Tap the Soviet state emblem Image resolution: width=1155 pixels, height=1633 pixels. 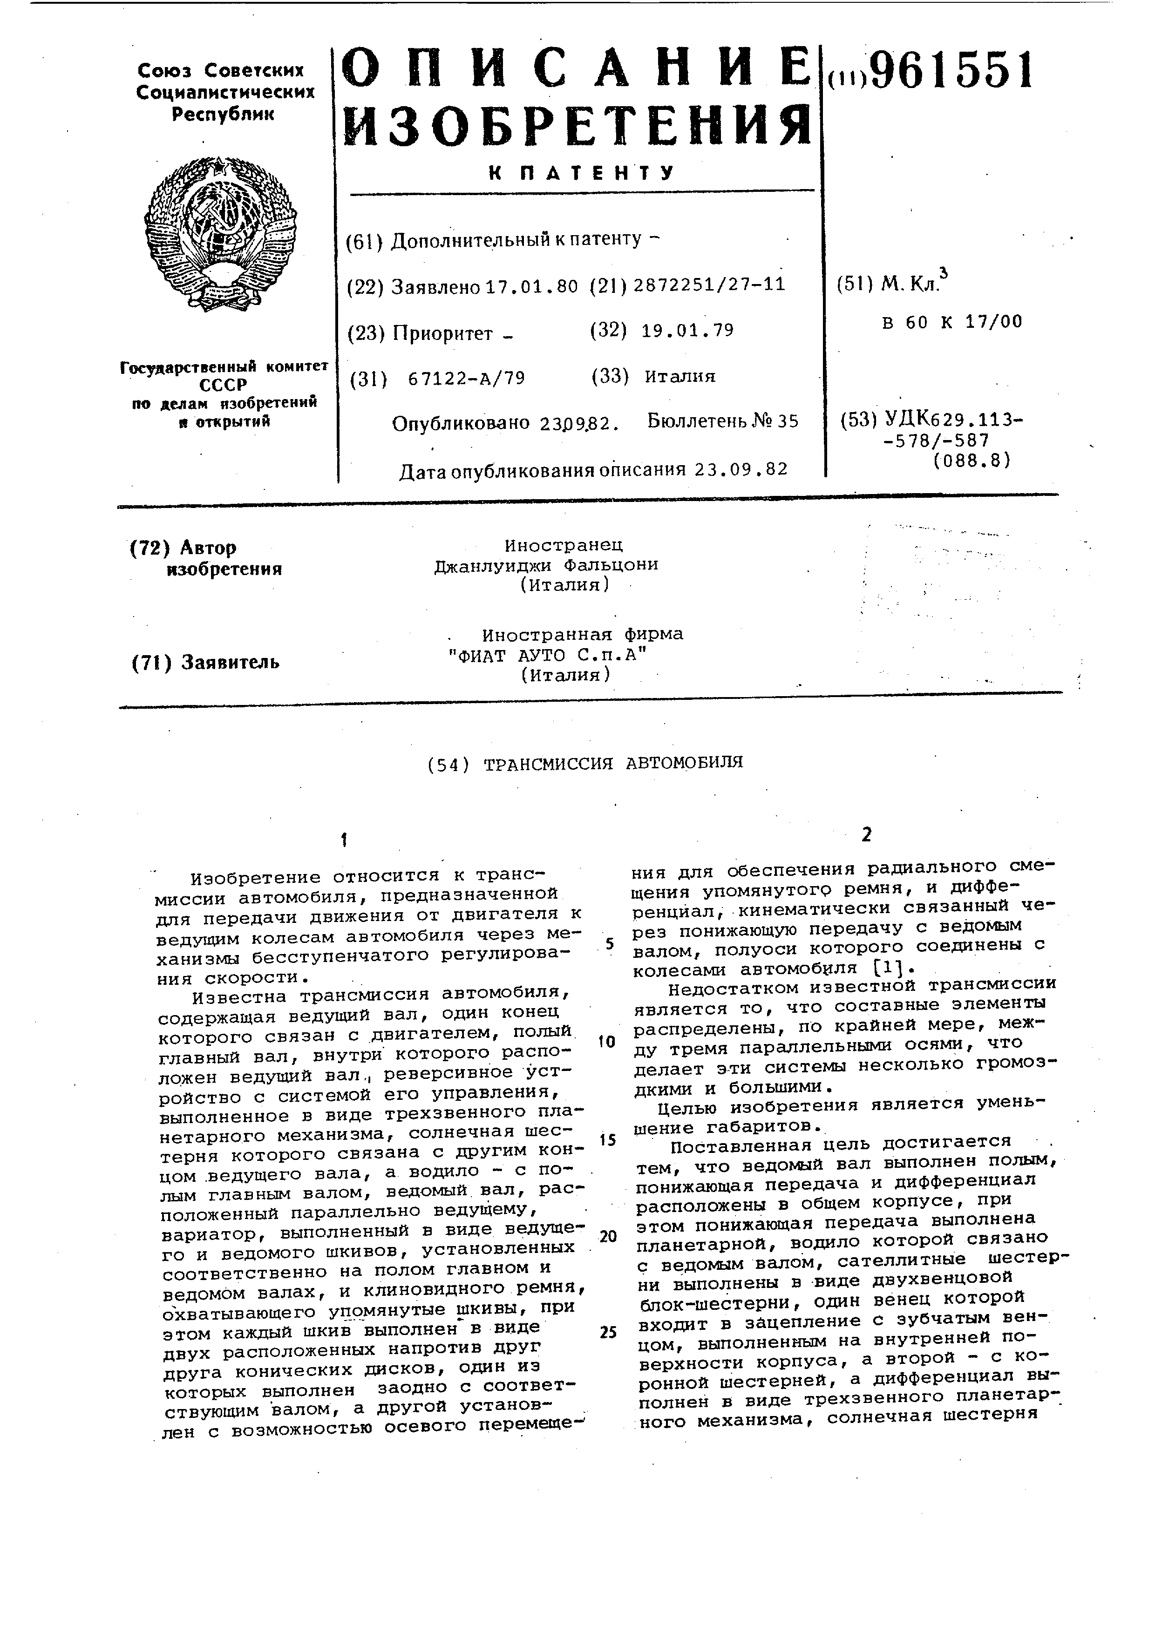220,235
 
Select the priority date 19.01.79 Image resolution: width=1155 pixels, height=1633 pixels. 687,330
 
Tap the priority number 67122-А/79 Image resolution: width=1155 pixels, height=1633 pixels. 467,378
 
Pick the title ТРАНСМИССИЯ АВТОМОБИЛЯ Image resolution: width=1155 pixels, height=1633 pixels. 613,762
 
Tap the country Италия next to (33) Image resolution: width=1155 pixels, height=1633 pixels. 680,376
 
